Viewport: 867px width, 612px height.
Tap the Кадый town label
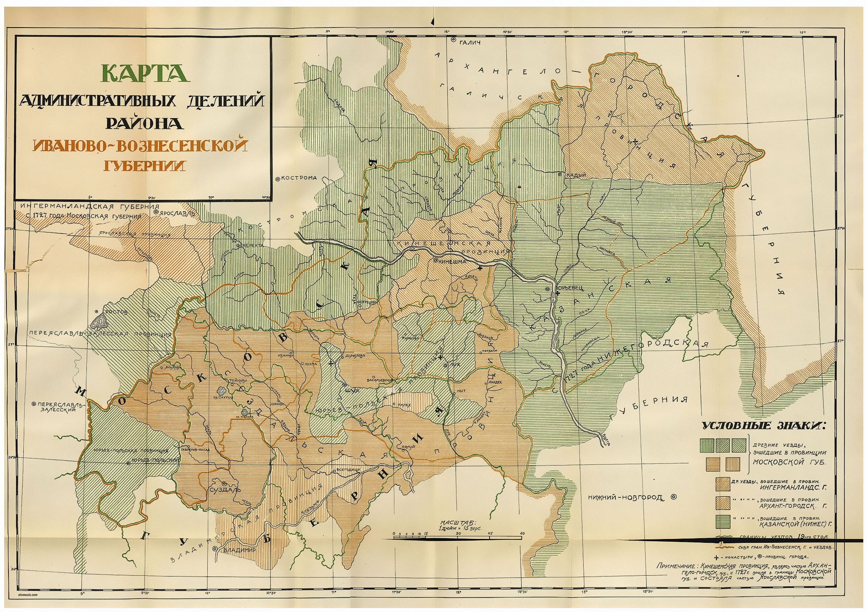[x=576, y=175]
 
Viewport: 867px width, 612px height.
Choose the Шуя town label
[x=352, y=390]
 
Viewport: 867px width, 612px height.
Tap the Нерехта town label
[x=252, y=245]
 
